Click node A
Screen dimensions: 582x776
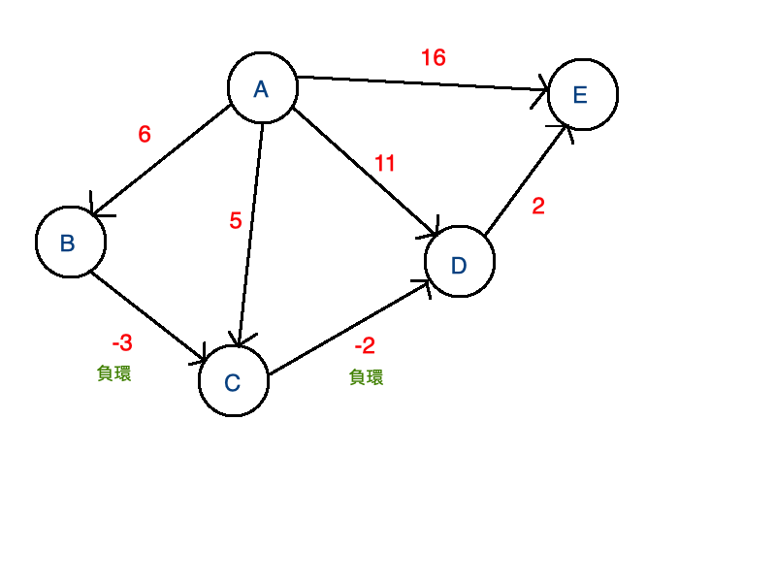(262, 89)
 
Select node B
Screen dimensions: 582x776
(70, 242)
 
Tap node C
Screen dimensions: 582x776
(233, 381)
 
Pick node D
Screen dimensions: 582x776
(460, 262)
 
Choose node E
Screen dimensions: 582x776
(582, 94)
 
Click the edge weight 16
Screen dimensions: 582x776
(433, 58)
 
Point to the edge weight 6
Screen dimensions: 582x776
(145, 135)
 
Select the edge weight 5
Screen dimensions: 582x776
(236, 221)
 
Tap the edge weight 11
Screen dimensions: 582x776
(385, 164)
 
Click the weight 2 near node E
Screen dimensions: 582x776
(539, 206)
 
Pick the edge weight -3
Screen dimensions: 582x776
(122, 343)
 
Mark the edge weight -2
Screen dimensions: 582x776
(365, 346)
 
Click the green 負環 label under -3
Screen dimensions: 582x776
(114, 373)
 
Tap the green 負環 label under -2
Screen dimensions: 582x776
(366, 377)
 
